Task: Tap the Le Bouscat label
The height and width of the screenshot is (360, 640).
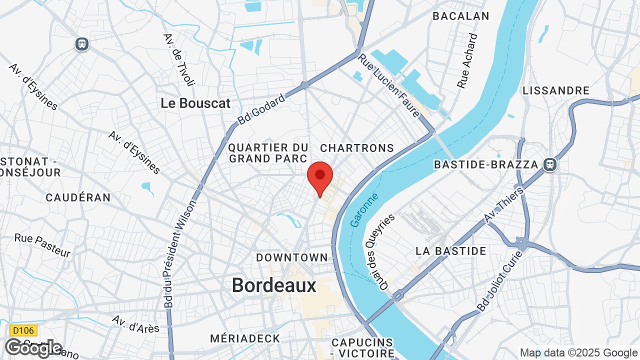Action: point(195,103)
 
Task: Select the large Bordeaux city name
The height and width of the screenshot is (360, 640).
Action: point(274,285)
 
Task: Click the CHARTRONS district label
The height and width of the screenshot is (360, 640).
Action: point(357,148)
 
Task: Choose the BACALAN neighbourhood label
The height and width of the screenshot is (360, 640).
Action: point(460,16)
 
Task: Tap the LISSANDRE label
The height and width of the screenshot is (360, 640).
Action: point(555,91)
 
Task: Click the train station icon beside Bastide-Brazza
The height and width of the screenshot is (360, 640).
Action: point(550,164)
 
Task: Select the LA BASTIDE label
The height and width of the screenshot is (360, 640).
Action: point(451,251)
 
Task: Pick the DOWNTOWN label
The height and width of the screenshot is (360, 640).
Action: point(292,257)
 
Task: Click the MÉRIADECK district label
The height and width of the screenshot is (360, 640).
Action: point(245,338)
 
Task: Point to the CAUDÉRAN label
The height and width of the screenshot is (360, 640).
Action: point(78,197)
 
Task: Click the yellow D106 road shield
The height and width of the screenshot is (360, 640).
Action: point(23,330)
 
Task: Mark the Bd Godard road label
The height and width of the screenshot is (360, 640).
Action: point(261,109)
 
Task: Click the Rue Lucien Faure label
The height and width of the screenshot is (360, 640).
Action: point(388,85)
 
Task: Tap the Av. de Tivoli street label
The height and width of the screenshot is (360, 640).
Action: point(178,59)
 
